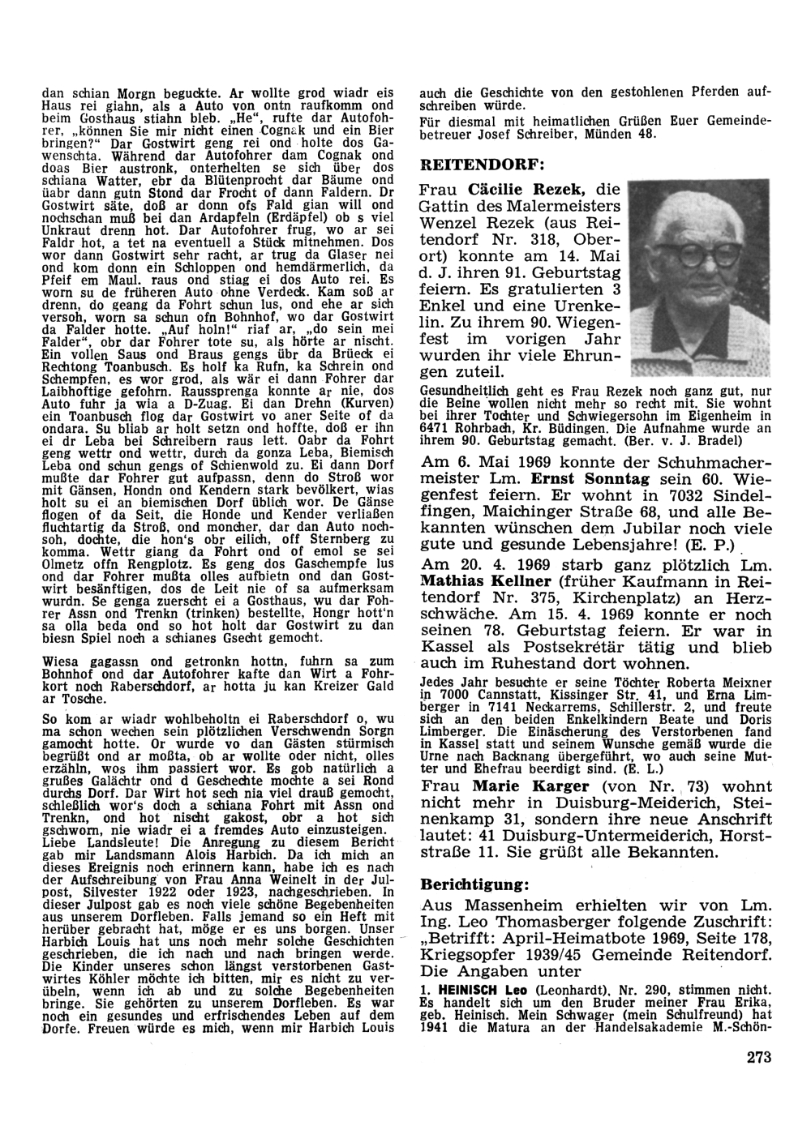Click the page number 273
(755, 1056)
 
